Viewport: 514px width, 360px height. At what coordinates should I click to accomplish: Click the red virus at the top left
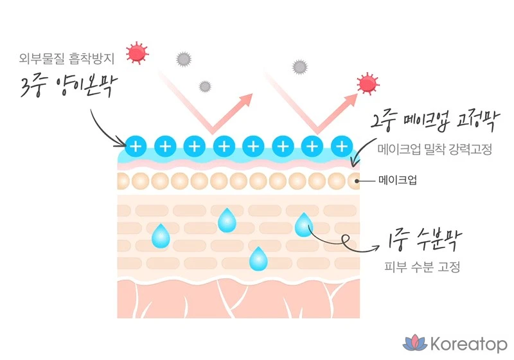(x=136, y=53)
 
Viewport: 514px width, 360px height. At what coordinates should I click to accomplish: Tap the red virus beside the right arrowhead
(x=368, y=83)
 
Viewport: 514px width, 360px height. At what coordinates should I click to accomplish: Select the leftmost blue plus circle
(x=136, y=146)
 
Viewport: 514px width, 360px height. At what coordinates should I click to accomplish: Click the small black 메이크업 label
(x=397, y=181)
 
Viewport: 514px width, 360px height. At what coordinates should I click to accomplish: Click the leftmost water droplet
(x=161, y=236)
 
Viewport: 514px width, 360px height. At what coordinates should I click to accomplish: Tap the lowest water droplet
(x=258, y=259)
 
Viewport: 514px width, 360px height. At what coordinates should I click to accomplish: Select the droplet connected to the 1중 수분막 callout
(x=303, y=224)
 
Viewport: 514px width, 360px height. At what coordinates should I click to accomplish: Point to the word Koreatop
(x=467, y=343)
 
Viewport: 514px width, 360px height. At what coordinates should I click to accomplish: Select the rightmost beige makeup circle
(x=353, y=181)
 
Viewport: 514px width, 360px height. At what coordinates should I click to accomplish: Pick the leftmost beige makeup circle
(x=123, y=181)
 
